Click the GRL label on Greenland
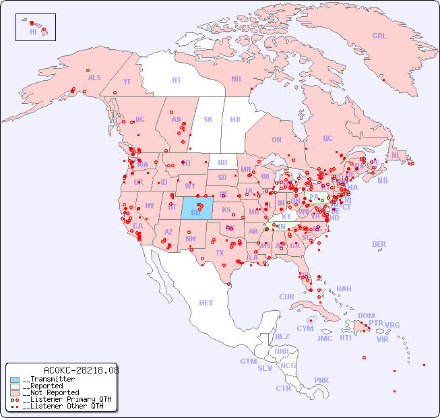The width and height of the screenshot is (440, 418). pyautogui.click(x=379, y=36)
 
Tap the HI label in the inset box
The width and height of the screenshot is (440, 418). pyautogui.click(x=33, y=32)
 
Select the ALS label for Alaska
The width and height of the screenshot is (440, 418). pyautogui.click(x=94, y=78)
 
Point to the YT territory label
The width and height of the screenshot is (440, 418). pyautogui.click(x=127, y=82)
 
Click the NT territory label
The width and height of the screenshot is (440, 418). pyautogui.click(x=177, y=80)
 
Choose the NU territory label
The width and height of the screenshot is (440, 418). pyautogui.click(x=236, y=79)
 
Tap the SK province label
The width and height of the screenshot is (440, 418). pyautogui.click(x=208, y=119)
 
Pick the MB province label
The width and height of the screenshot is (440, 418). pyautogui.click(x=235, y=119)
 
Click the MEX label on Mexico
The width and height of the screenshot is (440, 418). pyautogui.click(x=206, y=303)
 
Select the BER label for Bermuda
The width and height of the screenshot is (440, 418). pyautogui.click(x=379, y=244)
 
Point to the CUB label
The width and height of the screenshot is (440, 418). pyautogui.click(x=286, y=297)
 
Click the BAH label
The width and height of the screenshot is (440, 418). pyautogui.click(x=344, y=289)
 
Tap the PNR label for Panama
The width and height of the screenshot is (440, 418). pyautogui.click(x=321, y=380)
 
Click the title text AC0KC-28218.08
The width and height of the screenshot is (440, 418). pyautogui.click(x=81, y=370)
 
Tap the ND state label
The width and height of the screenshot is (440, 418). pyautogui.click(x=222, y=162)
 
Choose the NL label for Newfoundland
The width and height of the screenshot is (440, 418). pyautogui.click(x=396, y=154)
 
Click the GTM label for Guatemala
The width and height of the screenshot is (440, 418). pyautogui.click(x=248, y=361)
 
